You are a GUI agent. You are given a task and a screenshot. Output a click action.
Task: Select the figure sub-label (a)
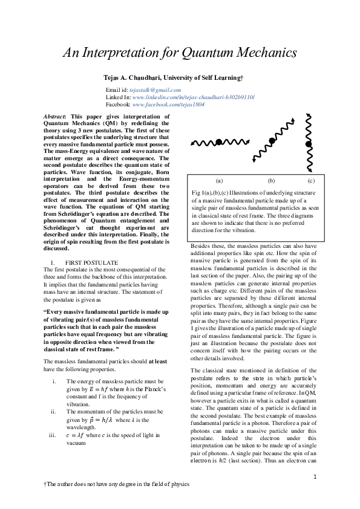coord(219,180)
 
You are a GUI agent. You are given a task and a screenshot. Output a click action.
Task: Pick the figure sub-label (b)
coord(271,180)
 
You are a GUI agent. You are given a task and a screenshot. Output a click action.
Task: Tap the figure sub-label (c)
coord(310,180)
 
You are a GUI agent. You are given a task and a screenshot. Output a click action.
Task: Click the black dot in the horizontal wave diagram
coord(218,143)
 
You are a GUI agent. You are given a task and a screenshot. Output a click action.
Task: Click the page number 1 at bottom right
coord(315,477)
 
